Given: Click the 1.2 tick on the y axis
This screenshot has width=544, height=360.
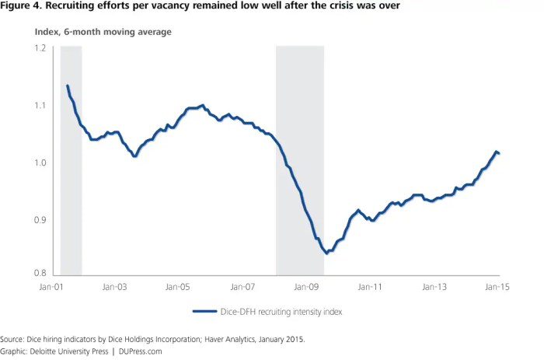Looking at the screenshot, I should (41, 48).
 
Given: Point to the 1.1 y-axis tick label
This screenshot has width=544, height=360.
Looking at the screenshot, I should (41, 106).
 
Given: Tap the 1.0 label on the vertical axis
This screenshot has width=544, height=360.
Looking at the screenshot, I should (41, 163).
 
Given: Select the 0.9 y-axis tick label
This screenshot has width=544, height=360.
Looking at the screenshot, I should (41, 221).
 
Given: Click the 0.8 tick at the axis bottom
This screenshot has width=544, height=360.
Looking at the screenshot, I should (41, 274).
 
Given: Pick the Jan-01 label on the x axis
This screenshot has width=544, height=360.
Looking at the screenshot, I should (51, 288).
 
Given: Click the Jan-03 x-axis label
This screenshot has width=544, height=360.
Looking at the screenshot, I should (114, 288).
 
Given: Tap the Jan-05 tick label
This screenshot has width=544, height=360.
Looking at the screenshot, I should (179, 288).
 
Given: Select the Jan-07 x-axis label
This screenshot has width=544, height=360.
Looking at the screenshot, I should (242, 288).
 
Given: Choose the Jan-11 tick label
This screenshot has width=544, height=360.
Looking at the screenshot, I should (370, 288).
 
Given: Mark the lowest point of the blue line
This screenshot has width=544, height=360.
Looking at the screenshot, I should (326, 253).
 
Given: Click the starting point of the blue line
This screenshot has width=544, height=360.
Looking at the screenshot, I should (68, 86).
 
